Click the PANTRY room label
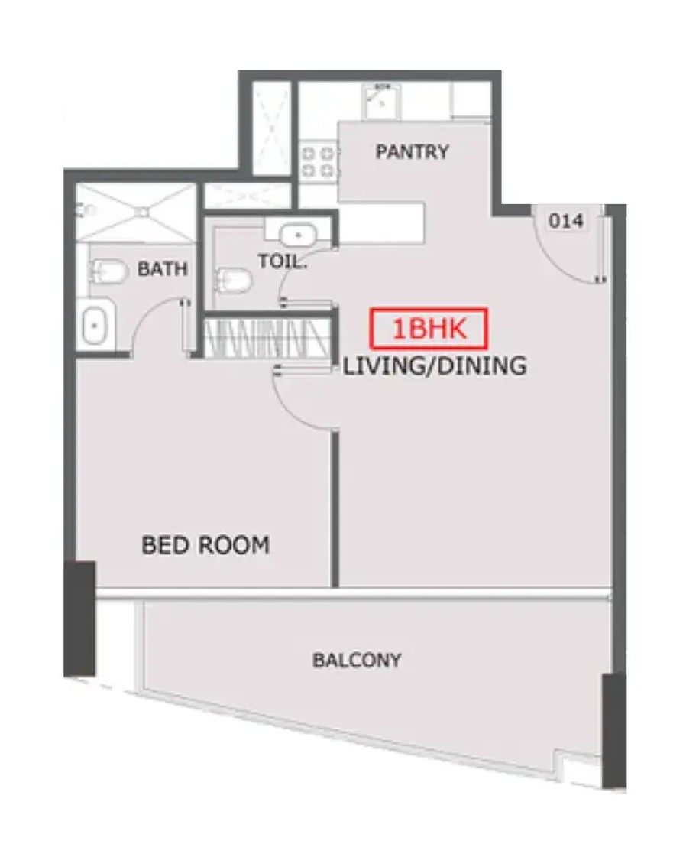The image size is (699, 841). click(412, 152)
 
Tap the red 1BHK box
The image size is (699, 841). click(429, 328)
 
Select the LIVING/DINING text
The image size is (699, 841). click(435, 365)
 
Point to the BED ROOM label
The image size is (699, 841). click(205, 545)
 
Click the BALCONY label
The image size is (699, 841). click(357, 660)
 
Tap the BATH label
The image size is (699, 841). click(163, 268)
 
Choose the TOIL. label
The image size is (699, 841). click(283, 261)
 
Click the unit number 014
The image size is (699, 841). click(566, 220)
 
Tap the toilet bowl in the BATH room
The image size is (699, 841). click(108, 271)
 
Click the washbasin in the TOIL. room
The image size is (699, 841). click(298, 235)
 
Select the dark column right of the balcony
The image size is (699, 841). click(614, 730)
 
